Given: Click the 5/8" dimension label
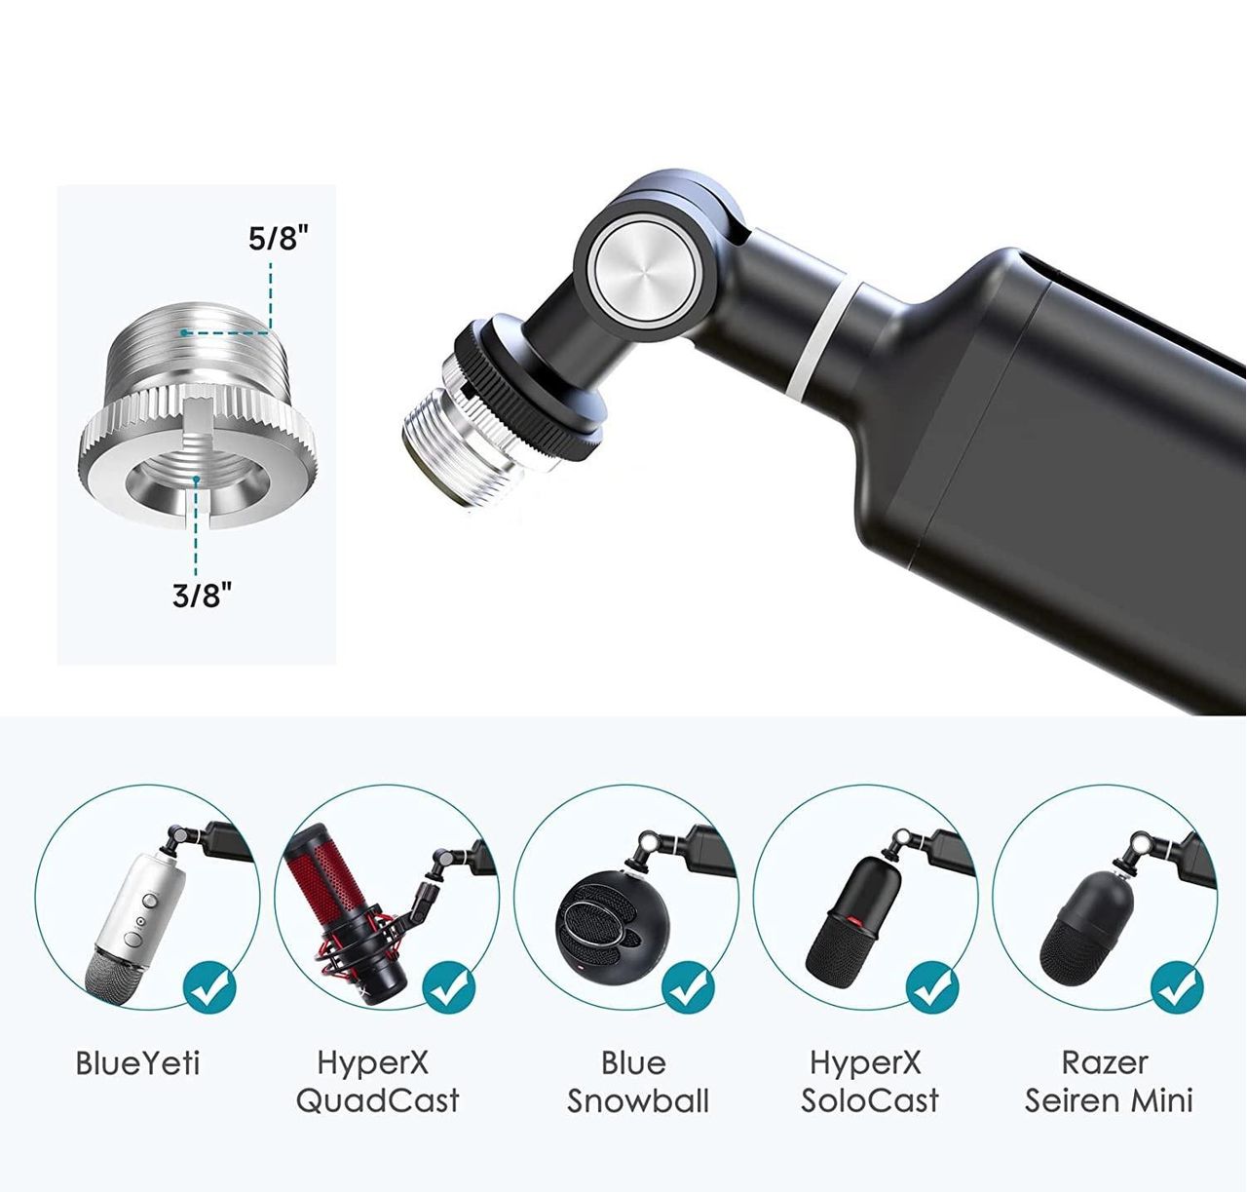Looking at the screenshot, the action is click(278, 238).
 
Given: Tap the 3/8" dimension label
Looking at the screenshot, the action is click(202, 596).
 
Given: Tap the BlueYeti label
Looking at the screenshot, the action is click(137, 1062).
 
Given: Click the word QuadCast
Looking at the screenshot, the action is click(377, 1100).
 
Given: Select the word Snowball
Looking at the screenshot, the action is click(637, 1101).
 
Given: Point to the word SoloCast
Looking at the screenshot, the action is click(870, 1101).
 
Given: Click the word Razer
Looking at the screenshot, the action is click(1105, 1062).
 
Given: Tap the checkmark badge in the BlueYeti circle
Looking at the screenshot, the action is click(209, 990).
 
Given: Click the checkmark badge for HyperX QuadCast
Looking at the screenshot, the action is click(448, 990).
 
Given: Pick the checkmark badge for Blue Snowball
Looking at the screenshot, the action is click(688, 990).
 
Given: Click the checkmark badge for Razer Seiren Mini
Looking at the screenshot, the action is click(1177, 990).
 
